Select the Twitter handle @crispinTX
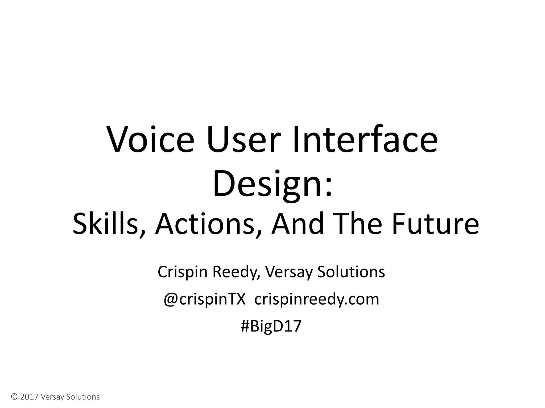coord(204,299)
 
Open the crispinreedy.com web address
coord(317,299)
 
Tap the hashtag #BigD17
coord(271,326)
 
